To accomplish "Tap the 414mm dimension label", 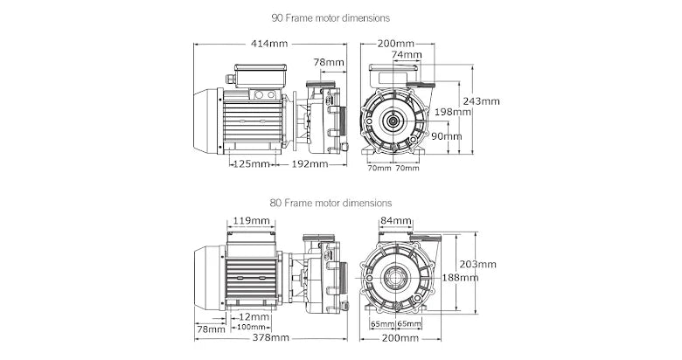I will [x=269, y=43].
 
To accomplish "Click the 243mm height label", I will [x=482, y=100].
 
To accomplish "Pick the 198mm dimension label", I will [x=452, y=112].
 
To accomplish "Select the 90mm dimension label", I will [x=447, y=136].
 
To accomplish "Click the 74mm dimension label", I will [x=405, y=55].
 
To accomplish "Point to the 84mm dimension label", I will [x=395, y=220].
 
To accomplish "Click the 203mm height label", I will [x=479, y=264].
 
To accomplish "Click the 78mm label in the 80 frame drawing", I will [x=211, y=329].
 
